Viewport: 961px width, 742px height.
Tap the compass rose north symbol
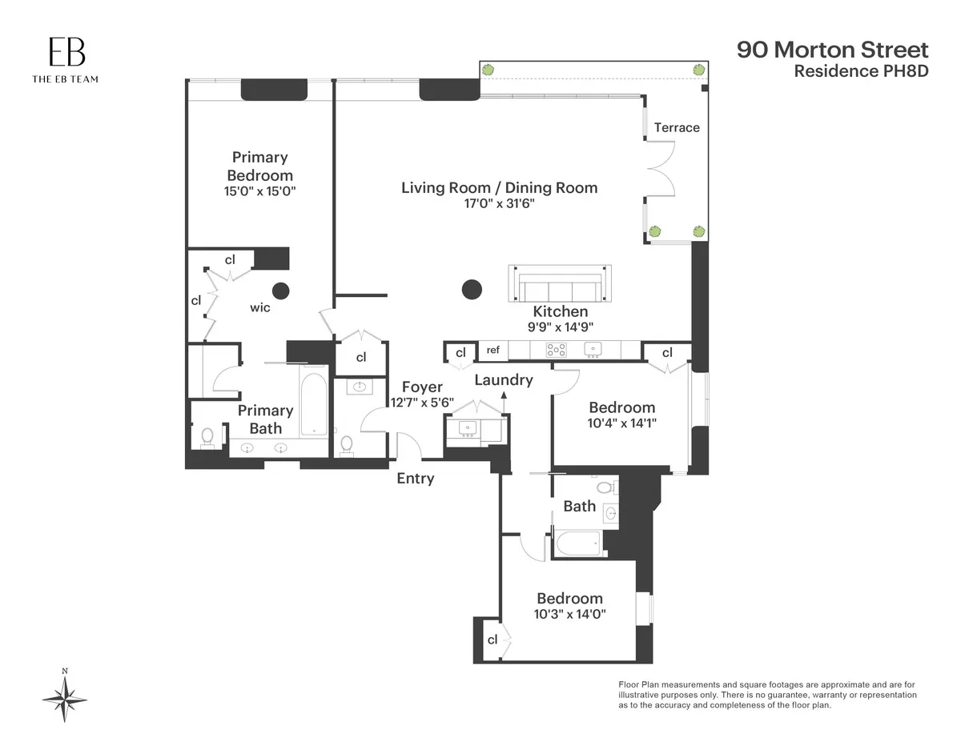(x=65, y=696)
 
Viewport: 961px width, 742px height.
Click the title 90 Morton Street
(x=832, y=50)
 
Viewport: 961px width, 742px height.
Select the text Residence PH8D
(x=861, y=70)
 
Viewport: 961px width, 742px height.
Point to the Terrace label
(x=677, y=127)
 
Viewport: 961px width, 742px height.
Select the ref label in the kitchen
(x=493, y=350)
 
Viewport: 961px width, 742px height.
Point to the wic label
(x=259, y=307)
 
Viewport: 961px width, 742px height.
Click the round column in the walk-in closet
(x=280, y=290)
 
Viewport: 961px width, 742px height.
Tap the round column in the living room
(x=472, y=288)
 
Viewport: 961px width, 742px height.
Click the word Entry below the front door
(x=416, y=479)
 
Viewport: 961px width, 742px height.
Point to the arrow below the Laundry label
(x=504, y=395)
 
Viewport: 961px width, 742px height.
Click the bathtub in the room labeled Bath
(x=577, y=544)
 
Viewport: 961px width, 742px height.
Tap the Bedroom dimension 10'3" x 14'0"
(x=569, y=615)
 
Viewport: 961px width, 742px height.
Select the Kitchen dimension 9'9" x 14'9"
(x=561, y=327)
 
